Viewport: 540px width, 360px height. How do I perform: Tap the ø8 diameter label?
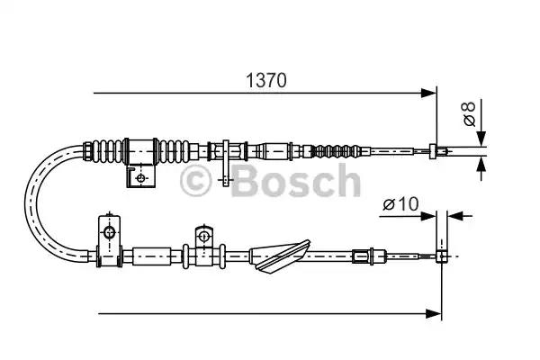[x=467, y=115]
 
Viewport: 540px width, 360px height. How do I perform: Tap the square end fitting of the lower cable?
[x=441, y=256]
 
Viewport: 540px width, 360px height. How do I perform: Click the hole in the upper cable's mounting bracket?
[x=140, y=178]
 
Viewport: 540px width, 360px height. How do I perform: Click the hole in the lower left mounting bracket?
[x=109, y=234]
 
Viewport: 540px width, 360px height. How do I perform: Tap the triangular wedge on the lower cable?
[x=280, y=257]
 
